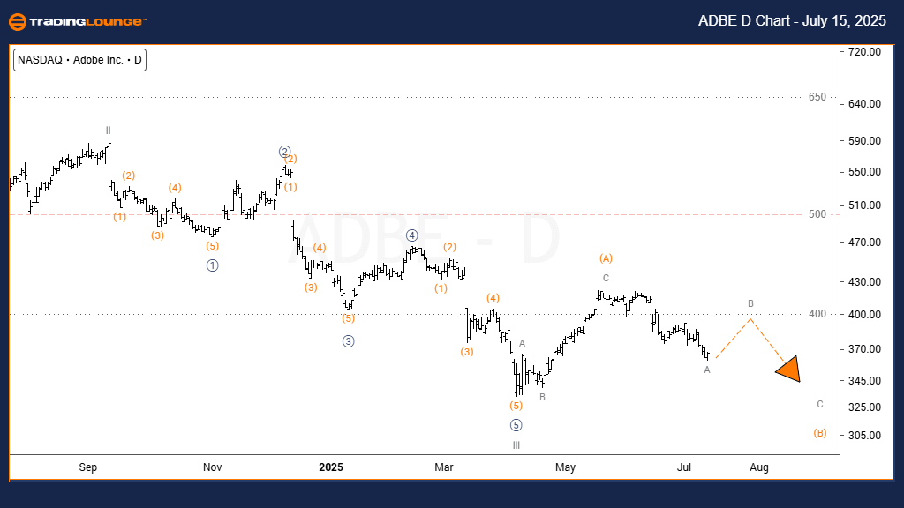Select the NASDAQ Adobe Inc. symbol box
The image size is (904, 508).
point(79,60)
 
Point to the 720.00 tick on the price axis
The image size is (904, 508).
point(863,52)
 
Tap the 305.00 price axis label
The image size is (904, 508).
point(863,436)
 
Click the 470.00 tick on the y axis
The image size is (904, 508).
point(863,243)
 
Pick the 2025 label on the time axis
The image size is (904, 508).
point(330,467)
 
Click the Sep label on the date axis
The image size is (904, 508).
point(88,467)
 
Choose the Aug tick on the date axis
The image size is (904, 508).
point(759,467)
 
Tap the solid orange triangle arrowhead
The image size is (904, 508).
point(788,370)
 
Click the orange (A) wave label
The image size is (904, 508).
point(606,258)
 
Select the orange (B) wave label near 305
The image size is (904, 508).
point(819,433)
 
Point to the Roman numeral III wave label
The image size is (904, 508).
point(516,444)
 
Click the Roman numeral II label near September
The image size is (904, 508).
point(108,129)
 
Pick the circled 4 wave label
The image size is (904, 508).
point(411,235)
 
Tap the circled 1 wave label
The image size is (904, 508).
point(212,265)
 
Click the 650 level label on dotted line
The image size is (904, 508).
point(818,97)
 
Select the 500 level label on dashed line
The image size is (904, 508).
point(818,214)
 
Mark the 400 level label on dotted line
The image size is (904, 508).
point(818,314)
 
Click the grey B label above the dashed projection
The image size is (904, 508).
point(750,304)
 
